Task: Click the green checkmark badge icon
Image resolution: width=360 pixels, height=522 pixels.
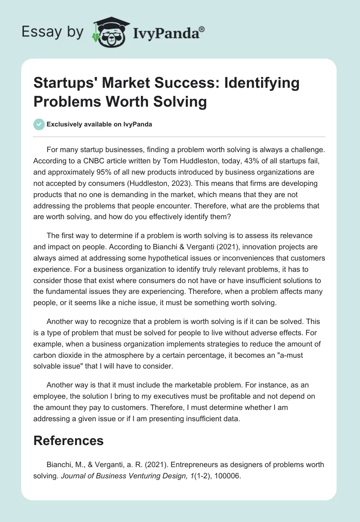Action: (39, 124)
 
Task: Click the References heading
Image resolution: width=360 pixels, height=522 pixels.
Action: (69, 440)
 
